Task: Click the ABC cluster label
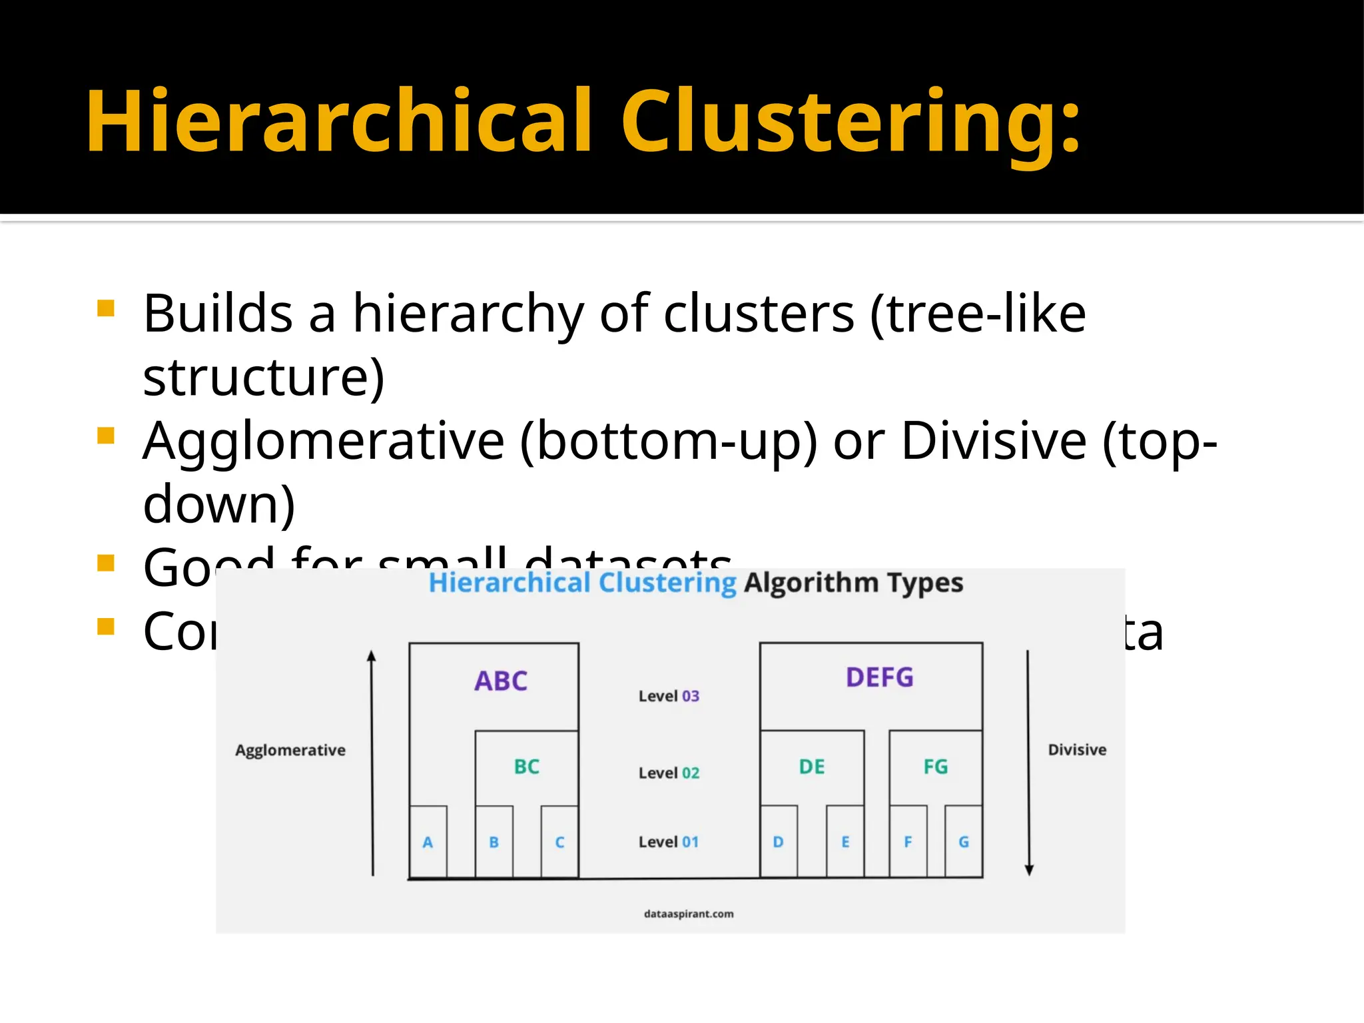click(501, 681)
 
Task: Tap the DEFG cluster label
click(879, 678)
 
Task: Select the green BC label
click(526, 767)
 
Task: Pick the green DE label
click(812, 767)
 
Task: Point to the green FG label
click(935, 767)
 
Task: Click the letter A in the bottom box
click(428, 843)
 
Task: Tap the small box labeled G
click(963, 842)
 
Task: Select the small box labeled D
click(778, 842)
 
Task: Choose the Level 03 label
click(669, 697)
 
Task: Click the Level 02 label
click(669, 773)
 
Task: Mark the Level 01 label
click(669, 843)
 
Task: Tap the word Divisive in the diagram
click(1077, 750)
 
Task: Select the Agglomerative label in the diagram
click(290, 751)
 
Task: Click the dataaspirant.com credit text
click(689, 914)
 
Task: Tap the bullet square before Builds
click(106, 308)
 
